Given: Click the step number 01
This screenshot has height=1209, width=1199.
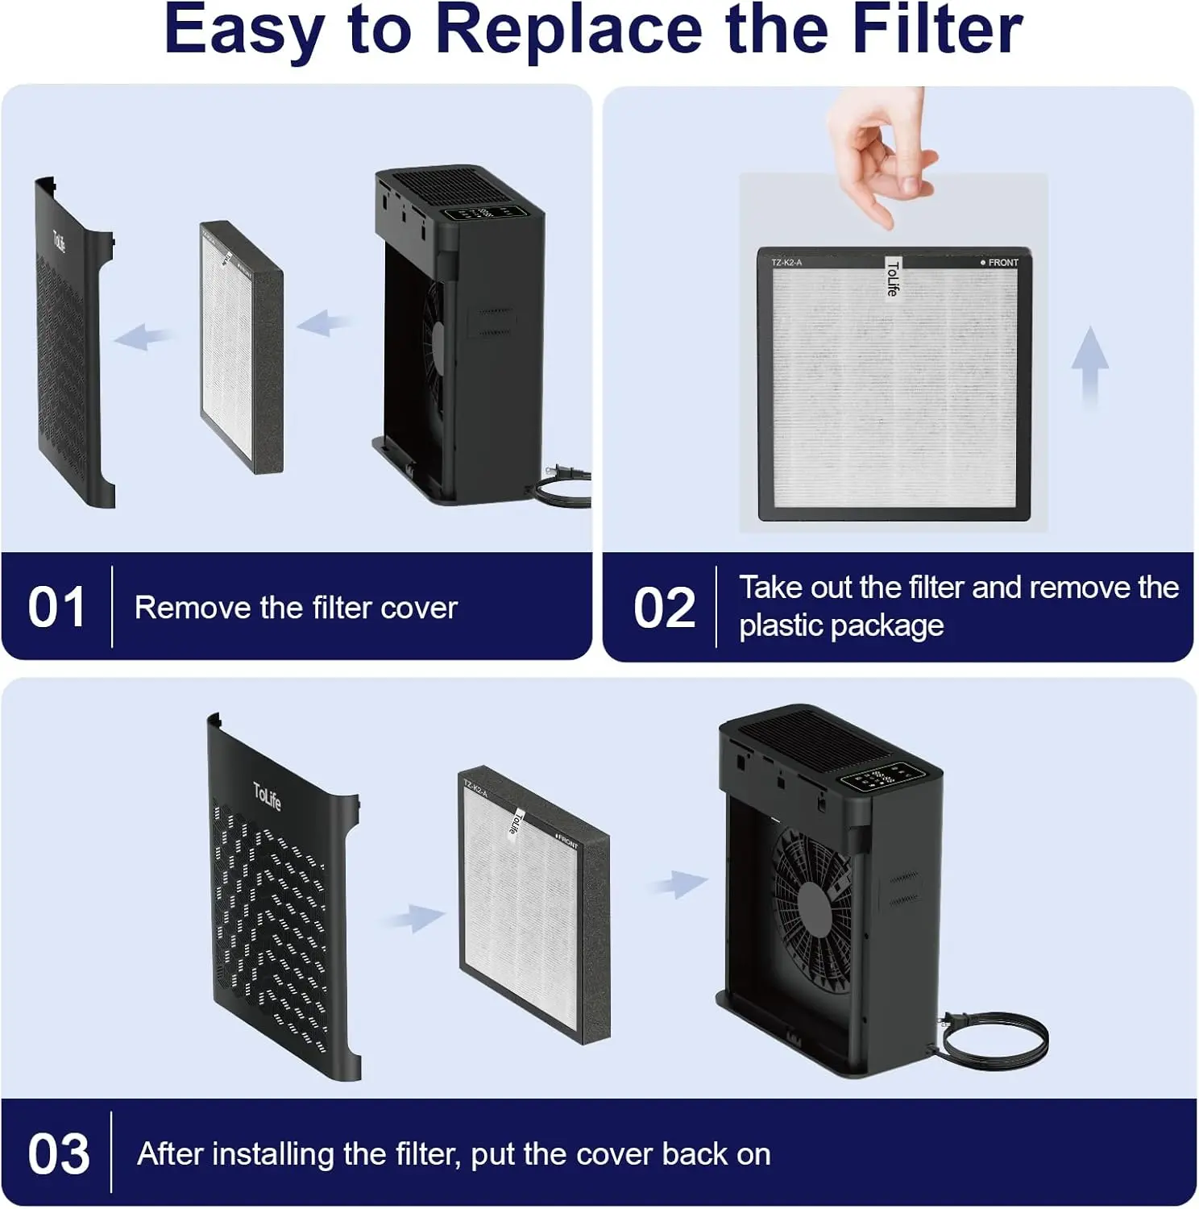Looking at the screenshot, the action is [56, 608].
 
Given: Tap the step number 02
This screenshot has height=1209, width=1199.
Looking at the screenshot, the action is [664, 608].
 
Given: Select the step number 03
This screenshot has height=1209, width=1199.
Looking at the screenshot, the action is [58, 1154].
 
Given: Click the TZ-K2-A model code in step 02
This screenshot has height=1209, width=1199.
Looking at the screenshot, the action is [786, 263].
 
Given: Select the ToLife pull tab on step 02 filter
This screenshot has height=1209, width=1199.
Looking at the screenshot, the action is [892, 277].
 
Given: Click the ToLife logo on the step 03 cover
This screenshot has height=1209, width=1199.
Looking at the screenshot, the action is [267, 796].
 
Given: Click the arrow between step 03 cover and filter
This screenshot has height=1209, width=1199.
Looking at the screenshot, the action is [413, 917].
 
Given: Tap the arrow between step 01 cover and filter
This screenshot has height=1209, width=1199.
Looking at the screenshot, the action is [144, 335].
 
